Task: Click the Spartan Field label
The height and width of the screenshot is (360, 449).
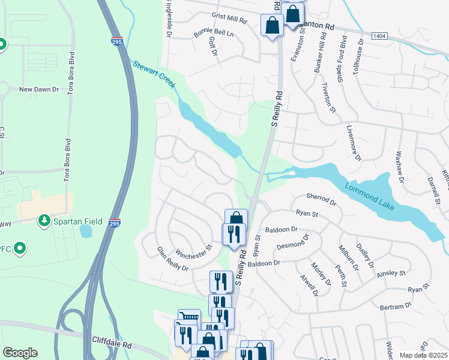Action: pyautogui.click(x=77, y=221)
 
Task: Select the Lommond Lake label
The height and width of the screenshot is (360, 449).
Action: pyautogui.click(x=370, y=196)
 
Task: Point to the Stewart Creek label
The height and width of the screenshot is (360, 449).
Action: pyautogui.click(x=154, y=74)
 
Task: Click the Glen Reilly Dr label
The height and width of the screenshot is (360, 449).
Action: pyautogui.click(x=173, y=259)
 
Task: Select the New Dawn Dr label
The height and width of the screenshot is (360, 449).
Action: pyautogui.click(x=39, y=89)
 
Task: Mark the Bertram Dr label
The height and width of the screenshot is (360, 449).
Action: pyautogui.click(x=396, y=306)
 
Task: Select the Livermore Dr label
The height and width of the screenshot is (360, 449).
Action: pyautogui.click(x=354, y=143)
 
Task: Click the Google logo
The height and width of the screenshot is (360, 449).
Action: pyautogui.click(x=20, y=353)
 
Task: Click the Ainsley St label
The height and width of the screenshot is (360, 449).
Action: pyautogui.click(x=391, y=273)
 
